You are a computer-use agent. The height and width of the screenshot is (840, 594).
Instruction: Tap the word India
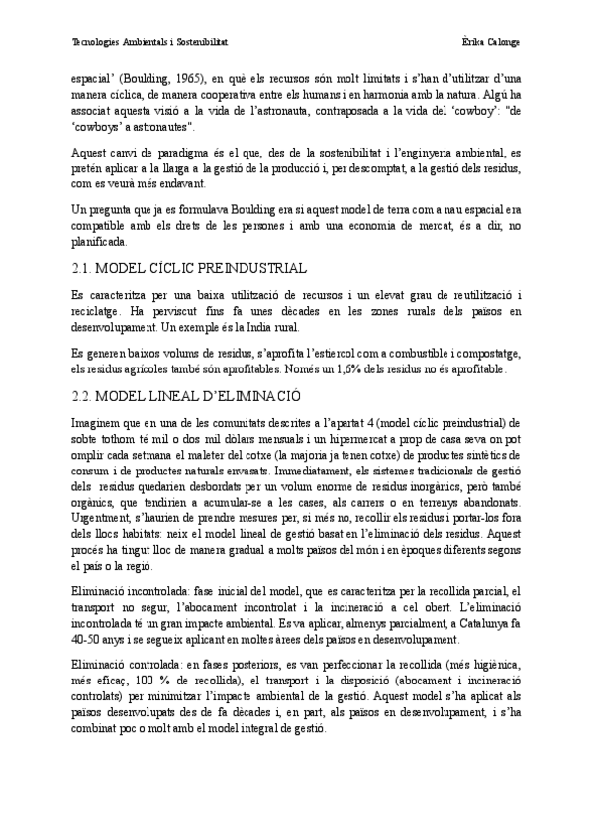tap(282, 327)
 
